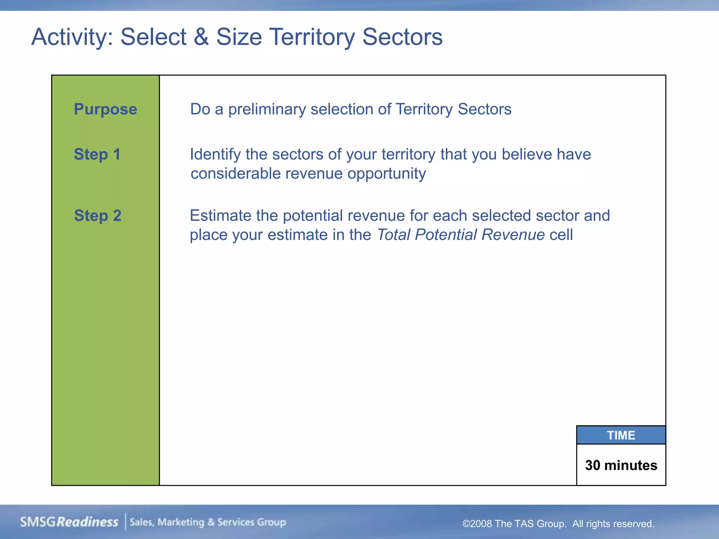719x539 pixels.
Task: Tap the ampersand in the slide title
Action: coord(201,37)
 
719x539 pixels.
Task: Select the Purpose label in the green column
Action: coord(105,109)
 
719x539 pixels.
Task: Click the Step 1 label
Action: coord(97,154)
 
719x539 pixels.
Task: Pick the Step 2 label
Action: coord(98,215)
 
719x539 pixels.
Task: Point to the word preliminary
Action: coord(267,109)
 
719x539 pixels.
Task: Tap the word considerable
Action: coord(235,174)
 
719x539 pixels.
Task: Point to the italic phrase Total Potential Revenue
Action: coord(461,235)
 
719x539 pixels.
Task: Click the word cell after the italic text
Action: coord(561,235)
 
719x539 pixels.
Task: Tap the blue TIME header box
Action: coord(621,435)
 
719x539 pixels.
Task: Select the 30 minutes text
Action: coord(621,465)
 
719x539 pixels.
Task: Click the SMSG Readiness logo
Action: coord(69,522)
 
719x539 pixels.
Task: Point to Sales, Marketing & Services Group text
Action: coord(208,522)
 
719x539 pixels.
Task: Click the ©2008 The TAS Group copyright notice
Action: coord(558,524)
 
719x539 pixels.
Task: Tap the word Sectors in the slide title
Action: coord(402,37)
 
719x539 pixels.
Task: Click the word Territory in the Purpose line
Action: coord(424,109)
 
